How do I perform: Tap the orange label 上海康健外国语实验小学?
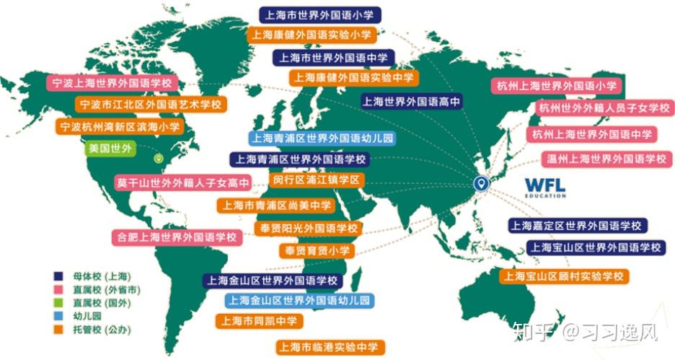(x=312, y=35)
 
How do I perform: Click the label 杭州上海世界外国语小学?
(x=557, y=86)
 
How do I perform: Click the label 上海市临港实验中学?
(x=329, y=347)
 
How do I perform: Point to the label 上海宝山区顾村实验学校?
(x=563, y=276)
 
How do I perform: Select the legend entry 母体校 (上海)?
(x=94, y=276)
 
